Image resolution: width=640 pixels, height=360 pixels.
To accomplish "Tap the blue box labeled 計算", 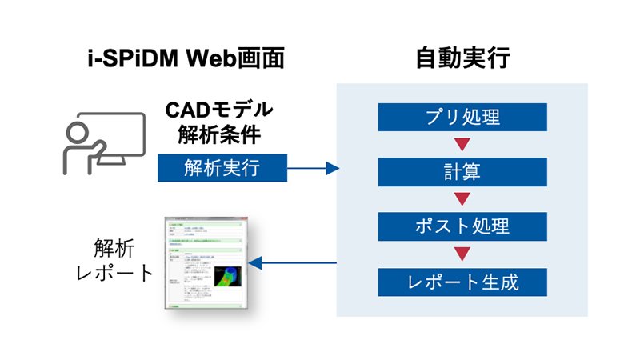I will coord(462,172).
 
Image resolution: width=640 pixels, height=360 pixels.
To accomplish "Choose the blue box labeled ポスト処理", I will coord(462,226).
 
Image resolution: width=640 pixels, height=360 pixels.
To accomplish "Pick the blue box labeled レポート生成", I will coord(462,281).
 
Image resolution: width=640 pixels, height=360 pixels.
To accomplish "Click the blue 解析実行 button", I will coord(221,168).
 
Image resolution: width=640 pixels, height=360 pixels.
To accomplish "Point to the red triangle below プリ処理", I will coord(462,145).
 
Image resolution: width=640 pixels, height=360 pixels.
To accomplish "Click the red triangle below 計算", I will coord(462,199).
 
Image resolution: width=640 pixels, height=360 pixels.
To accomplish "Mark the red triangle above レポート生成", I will coord(462,254).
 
